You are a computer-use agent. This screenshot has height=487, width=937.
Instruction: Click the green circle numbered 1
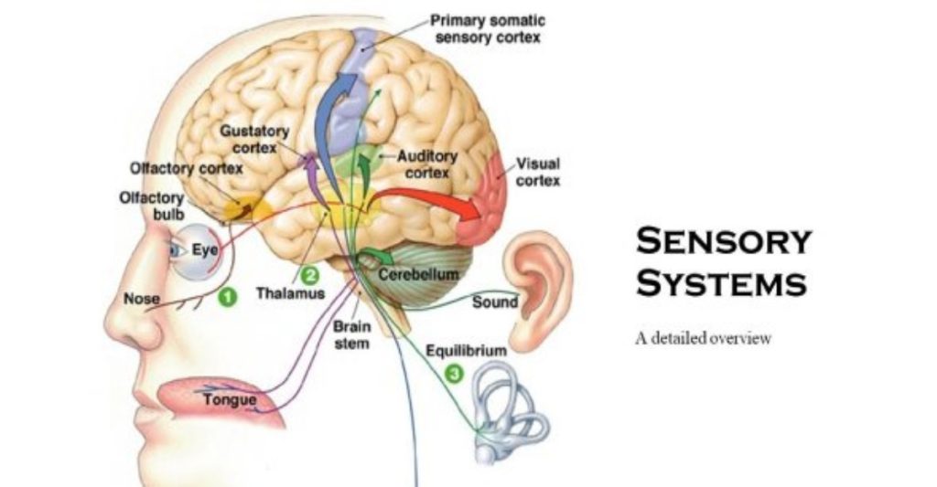[x=227, y=297]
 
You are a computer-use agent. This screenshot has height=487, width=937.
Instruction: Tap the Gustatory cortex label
[x=253, y=140]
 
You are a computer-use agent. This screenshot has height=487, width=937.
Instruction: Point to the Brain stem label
[x=351, y=334]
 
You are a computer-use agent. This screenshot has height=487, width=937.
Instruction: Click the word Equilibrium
[x=466, y=349]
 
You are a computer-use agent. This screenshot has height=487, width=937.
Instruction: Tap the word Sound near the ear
[x=494, y=302]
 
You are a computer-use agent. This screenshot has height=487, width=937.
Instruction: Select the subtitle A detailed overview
[x=704, y=339]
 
